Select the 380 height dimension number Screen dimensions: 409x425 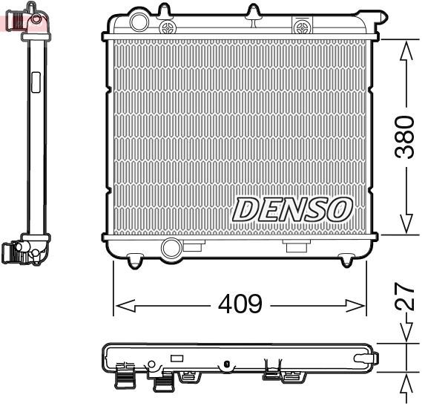[x=404, y=137]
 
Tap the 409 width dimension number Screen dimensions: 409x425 [x=240, y=304]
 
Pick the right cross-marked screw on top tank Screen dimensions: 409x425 [x=302, y=27]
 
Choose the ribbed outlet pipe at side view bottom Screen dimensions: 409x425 [x=14, y=253]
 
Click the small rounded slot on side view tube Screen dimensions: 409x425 [x=35, y=82]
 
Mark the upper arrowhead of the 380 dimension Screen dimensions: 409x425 [x=405, y=50]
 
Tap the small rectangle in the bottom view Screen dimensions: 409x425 [x=177, y=358]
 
